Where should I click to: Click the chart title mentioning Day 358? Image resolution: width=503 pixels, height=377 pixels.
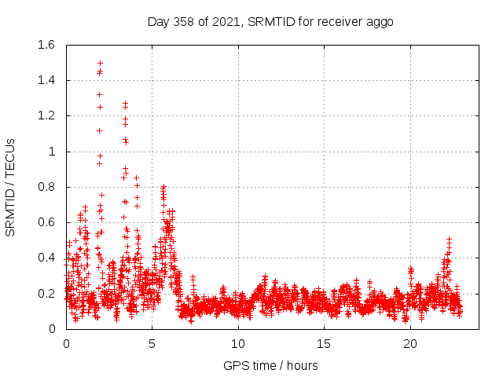click(270, 21)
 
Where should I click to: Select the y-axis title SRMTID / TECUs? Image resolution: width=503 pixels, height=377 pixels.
click(10, 187)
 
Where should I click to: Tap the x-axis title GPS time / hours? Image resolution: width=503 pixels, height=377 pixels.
click(270, 365)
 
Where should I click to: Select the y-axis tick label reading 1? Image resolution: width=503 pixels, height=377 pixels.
click(52, 152)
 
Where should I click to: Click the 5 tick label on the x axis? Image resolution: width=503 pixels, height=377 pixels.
click(152, 343)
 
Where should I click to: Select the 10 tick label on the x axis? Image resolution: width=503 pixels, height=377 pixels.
click(238, 343)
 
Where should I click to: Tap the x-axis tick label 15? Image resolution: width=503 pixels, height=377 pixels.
click(324, 343)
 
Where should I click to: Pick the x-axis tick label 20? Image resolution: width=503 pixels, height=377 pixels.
click(410, 343)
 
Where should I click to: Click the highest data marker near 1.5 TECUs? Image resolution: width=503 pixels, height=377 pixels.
click(100, 63)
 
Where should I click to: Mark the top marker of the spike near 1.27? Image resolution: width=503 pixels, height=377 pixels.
click(125, 103)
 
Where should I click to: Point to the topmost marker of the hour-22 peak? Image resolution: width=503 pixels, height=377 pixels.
click(449, 239)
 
